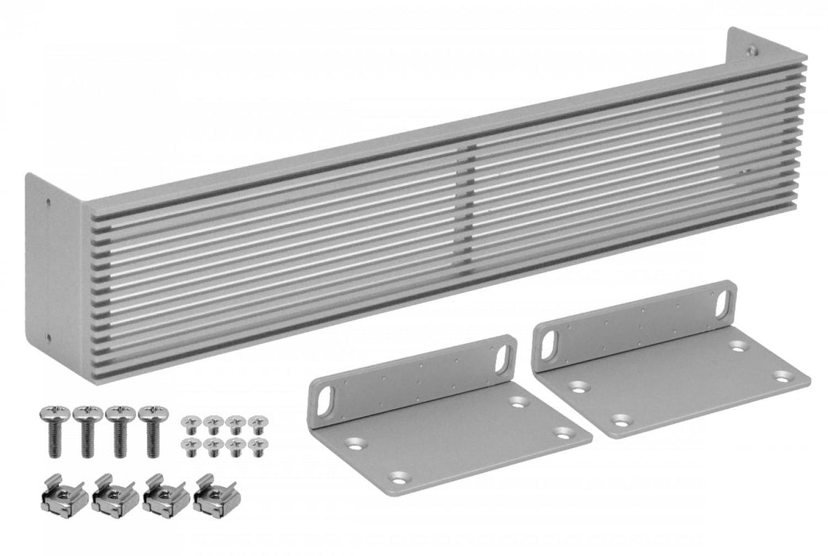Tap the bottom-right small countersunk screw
[x=256, y=446]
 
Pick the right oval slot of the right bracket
[x=722, y=303]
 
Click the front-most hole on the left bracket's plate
[x=397, y=477]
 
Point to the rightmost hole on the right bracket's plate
[x=782, y=376]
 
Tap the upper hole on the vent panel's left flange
[x=49, y=203]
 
